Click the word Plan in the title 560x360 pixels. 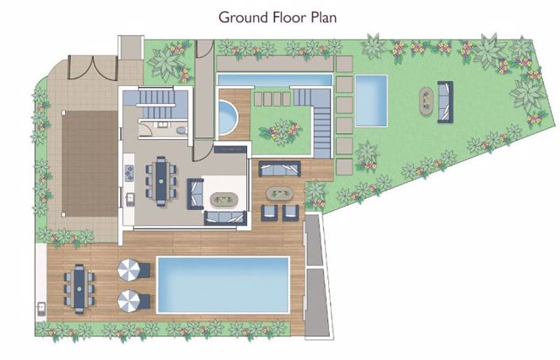[323, 17]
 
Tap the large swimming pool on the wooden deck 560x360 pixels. [223, 285]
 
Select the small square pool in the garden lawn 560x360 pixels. [371, 100]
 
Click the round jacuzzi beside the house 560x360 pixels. [227, 117]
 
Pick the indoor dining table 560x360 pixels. [160, 181]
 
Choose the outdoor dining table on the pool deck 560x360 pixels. [79, 288]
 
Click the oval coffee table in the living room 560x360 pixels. [224, 199]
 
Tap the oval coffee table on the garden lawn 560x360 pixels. [426, 101]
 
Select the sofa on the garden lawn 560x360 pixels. [446, 102]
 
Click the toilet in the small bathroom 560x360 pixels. [181, 130]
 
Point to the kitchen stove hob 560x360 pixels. [129, 173]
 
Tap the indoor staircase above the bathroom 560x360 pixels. [156, 103]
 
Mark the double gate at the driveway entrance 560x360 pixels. [92, 67]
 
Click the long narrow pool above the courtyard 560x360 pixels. [275, 79]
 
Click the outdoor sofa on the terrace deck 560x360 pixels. [280, 168]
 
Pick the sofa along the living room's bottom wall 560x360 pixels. [226, 218]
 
